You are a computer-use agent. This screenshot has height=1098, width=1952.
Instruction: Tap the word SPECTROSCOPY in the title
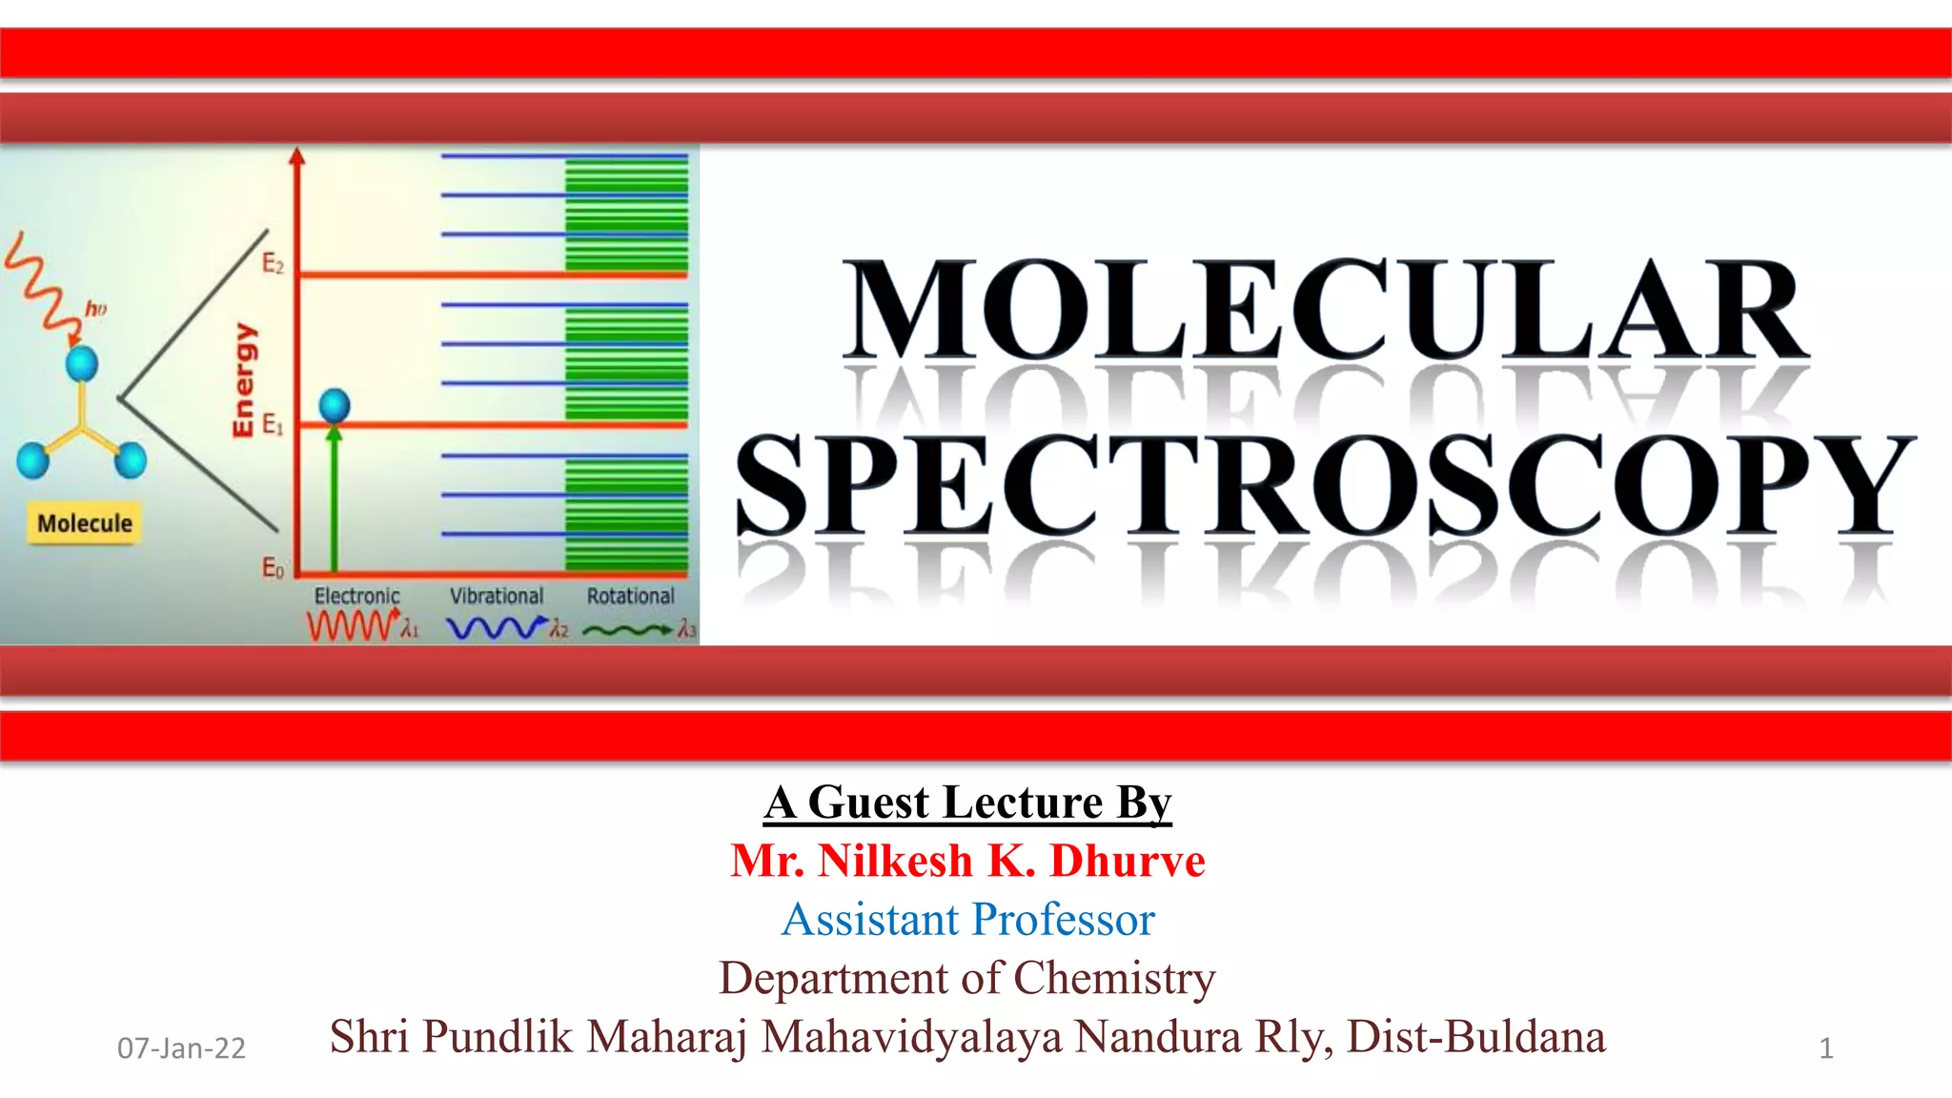[x=1325, y=484]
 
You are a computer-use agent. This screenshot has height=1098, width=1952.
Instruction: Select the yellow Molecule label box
[x=85, y=523]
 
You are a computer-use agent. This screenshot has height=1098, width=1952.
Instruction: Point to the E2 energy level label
[x=273, y=263]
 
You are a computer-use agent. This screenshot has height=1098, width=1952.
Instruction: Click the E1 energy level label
[x=273, y=424]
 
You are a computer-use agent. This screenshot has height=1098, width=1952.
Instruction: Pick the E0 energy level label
[x=273, y=569]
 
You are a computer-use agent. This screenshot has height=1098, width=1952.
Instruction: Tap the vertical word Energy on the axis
[x=244, y=380]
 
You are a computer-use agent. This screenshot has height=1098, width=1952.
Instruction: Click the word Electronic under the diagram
[x=357, y=597]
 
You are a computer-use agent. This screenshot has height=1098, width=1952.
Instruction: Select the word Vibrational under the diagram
[x=497, y=597]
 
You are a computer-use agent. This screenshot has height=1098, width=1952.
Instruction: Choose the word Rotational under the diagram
[x=630, y=597]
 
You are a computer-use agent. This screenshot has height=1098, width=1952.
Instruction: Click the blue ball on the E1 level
[x=335, y=406]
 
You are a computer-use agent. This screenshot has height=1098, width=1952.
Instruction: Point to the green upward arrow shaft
[x=334, y=505]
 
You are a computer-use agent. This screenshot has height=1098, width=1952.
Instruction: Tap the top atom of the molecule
[x=82, y=363]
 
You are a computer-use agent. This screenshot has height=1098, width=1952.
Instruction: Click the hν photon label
[x=96, y=309]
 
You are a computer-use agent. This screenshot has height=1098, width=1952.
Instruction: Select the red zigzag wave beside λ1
[x=351, y=627]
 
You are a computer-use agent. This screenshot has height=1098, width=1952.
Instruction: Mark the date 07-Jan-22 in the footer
[x=181, y=1048]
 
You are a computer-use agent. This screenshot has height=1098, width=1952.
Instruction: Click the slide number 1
[x=1826, y=1048]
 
